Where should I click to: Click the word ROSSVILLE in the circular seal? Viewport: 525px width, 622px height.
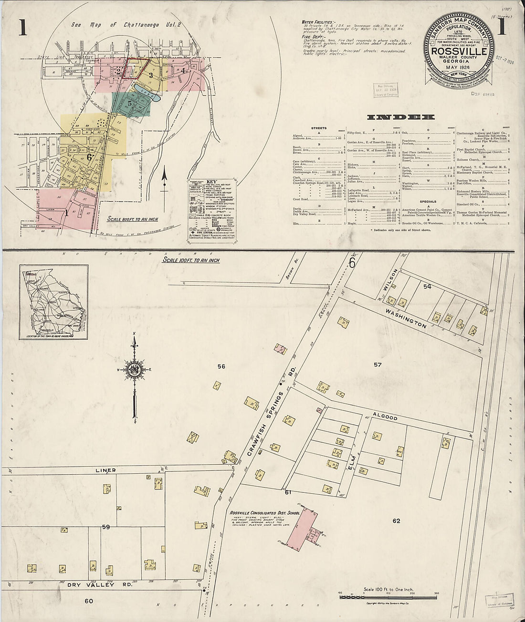[x=459, y=51]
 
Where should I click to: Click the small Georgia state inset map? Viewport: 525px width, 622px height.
[x=53, y=302]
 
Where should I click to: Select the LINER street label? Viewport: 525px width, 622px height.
[x=106, y=470]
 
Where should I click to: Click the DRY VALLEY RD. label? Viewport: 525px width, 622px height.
[x=91, y=585]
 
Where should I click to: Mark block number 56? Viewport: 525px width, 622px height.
[x=221, y=366]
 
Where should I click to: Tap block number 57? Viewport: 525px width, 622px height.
[x=378, y=365]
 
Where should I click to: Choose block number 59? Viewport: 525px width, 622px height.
[x=106, y=527]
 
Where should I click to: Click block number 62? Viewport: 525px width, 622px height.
[x=396, y=520]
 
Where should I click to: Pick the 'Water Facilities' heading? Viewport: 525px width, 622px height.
[x=320, y=22]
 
